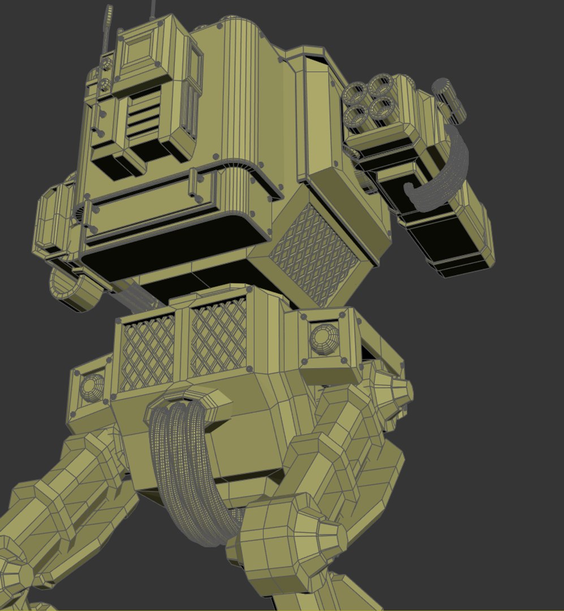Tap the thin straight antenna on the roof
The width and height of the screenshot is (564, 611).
[153, 8]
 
